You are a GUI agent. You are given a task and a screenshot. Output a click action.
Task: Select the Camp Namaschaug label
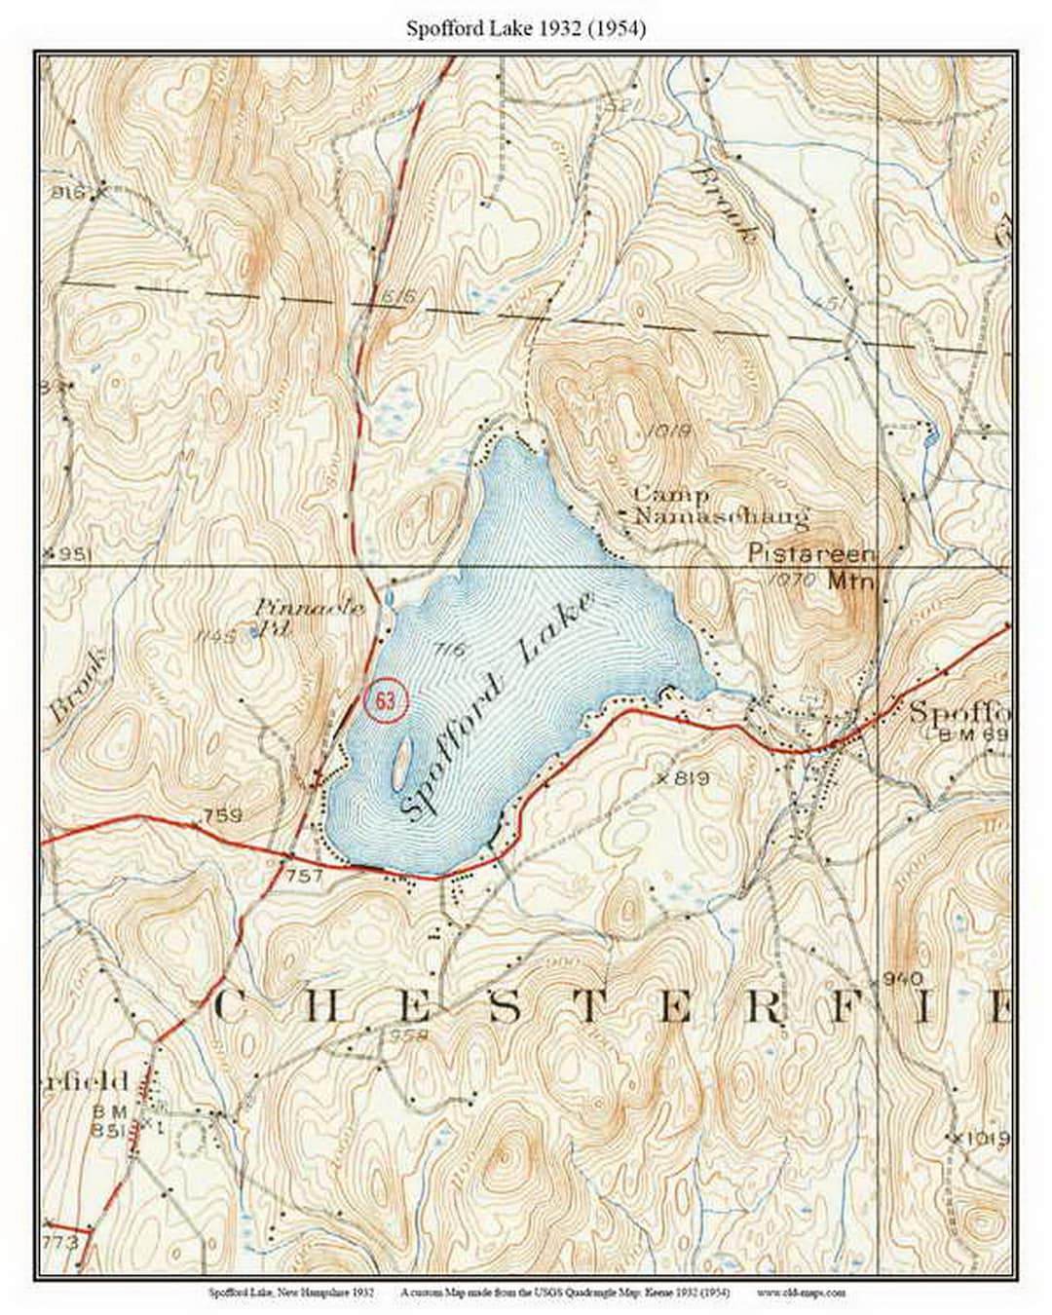tap(721, 507)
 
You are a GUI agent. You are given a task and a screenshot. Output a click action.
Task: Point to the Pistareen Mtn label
tap(813, 565)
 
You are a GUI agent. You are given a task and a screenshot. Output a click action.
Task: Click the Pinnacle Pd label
tap(310, 618)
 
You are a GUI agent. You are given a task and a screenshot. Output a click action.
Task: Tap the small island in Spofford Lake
tap(401, 762)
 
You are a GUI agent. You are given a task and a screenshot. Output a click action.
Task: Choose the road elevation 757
tap(304, 877)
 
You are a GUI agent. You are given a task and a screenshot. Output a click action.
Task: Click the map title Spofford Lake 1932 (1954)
tap(526, 29)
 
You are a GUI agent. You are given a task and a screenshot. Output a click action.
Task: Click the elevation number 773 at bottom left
tap(60, 1242)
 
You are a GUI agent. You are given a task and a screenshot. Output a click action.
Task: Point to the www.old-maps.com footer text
tap(800, 1293)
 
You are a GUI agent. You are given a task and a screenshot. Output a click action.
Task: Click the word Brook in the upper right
tap(724, 204)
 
